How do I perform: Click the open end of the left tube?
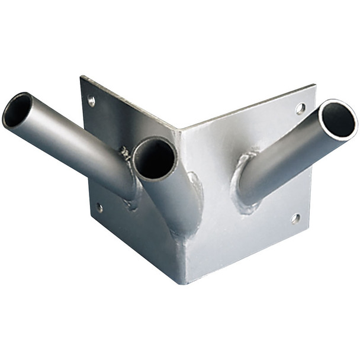click(17, 110)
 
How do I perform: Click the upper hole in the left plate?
click(91, 101)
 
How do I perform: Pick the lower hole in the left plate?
click(99, 208)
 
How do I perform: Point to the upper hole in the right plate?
click(300, 108)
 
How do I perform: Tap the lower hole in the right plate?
click(295, 218)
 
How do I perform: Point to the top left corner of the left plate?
click(81, 76)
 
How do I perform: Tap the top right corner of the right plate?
click(315, 85)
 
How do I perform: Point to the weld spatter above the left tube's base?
click(125, 153)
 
